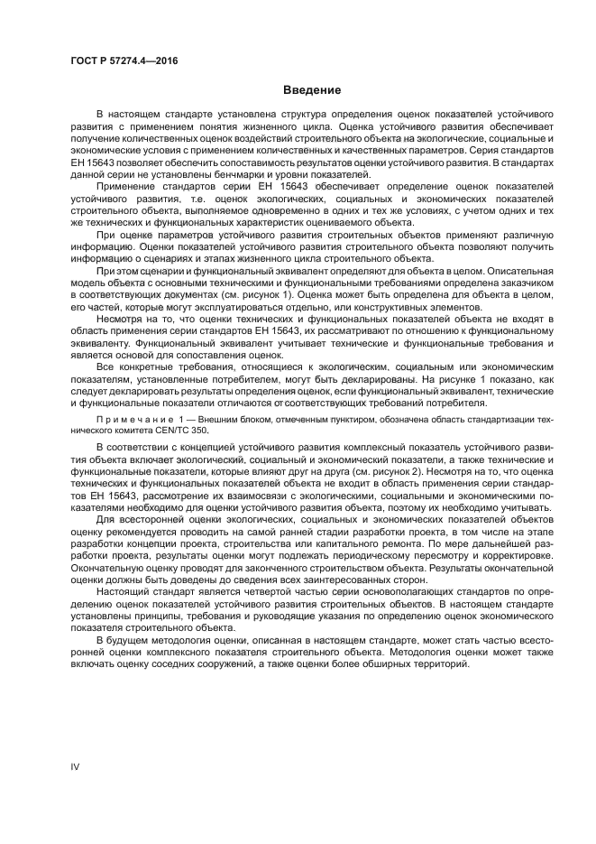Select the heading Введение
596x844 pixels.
(312, 90)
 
